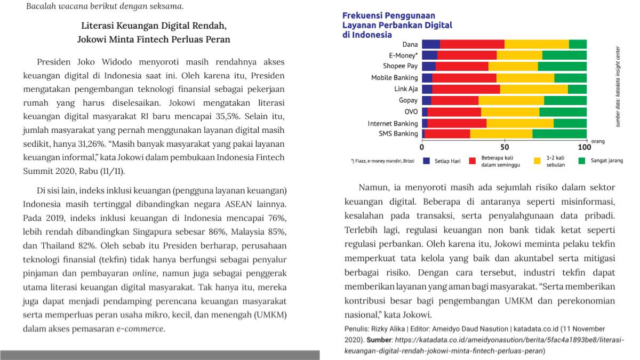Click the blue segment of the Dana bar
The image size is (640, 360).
click(x=431, y=44)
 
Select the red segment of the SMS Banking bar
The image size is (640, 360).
click(x=446, y=134)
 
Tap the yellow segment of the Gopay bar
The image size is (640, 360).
click(x=511, y=100)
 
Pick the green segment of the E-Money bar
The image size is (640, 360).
click(x=564, y=55)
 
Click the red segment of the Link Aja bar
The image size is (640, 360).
click(x=466, y=89)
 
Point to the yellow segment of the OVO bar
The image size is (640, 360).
click(x=510, y=111)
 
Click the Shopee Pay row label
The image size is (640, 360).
click(x=400, y=66)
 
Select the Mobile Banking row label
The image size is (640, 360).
click(x=395, y=78)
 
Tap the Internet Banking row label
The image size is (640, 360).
click(x=393, y=123)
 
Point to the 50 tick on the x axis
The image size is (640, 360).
click(x=505, y=146)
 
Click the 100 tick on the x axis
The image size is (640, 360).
click(x=585, y=146)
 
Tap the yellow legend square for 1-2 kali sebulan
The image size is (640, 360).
click(x=538, y=161)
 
